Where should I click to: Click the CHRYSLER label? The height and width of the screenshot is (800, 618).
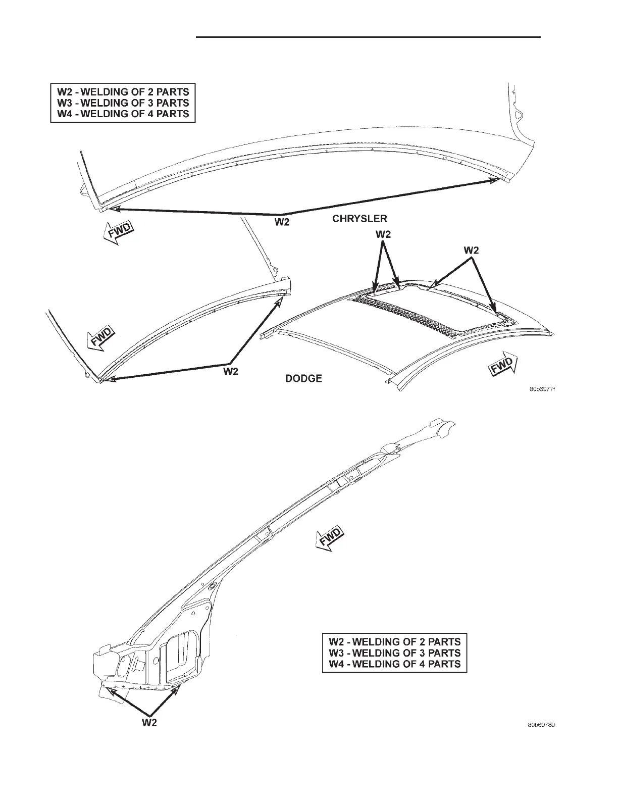pyautogui.click(x=359, y=219)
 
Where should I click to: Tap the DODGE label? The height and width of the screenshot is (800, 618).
pyautogui.click(x=304, y=378)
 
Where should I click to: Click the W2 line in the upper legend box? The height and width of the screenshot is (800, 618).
pyautogui.click(x=123, y=92)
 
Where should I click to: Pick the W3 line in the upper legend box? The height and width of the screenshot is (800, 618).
pyautogui.click(x=123, y=103)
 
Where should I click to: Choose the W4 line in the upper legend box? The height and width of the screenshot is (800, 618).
pyautogui.click(x=123, y=114)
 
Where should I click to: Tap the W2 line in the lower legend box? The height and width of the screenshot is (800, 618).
pyautogui.click(x=394, y=642)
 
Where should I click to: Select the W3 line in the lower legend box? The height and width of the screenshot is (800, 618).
pyautogui.click(x=394, y=653)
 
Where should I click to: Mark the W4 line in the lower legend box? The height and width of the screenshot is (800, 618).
pyautogui.click(x=394, y=664)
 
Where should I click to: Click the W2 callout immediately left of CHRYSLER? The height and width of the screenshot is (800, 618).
pyautogui.click(x=282, y=222)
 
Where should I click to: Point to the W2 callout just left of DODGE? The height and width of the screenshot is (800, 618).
pyautogui.click(x=231, y=372)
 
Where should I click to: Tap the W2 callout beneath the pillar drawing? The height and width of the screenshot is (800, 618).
pyautogui.click(x=149, y=723)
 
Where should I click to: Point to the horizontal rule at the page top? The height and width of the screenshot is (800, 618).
pyautogui.click(x=368, y=37)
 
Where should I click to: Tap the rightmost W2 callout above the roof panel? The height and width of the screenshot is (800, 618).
pyautogui.click(x=471, y=250)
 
